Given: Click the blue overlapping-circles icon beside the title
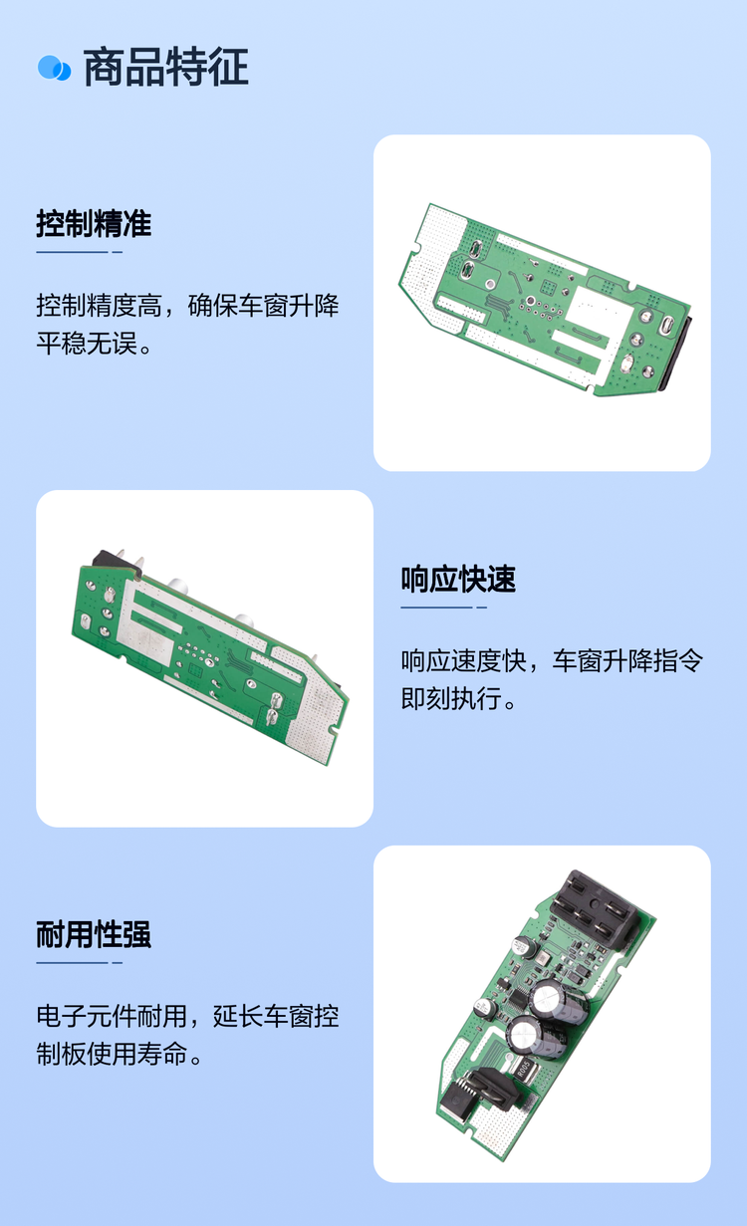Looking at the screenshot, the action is [54, 68].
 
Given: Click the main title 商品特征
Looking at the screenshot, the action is [165, 68].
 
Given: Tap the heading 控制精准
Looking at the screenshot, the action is [94, 223].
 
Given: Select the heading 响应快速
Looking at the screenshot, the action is [458, 579].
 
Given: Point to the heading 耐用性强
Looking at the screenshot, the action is [94, 934].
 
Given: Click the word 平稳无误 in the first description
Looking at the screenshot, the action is [87, 344].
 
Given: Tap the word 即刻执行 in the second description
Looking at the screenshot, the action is [451, 698].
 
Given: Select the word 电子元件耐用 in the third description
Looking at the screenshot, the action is [112, 1017].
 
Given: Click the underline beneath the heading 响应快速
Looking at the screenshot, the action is [443, 607].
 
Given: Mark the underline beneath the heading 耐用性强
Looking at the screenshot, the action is [79, 962].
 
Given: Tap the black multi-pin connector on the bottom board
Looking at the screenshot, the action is [595, 908].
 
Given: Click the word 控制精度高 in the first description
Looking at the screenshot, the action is [99, 306].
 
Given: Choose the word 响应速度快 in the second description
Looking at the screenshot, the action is [463, 660].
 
